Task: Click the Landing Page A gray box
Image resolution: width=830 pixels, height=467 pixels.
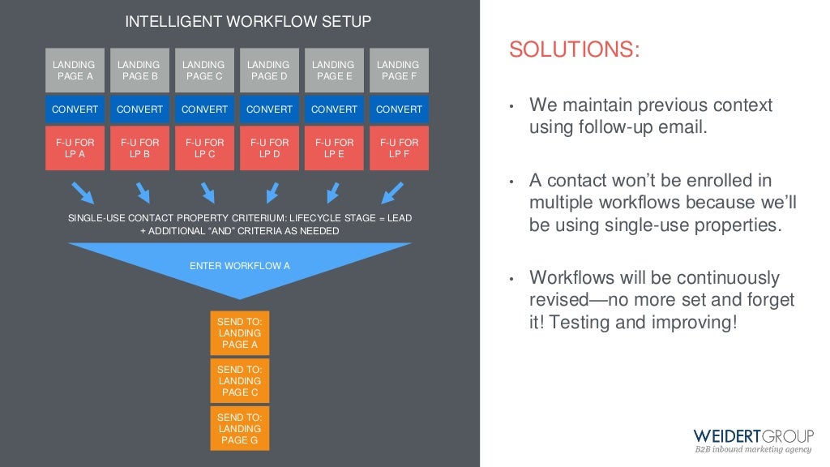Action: point(75,71)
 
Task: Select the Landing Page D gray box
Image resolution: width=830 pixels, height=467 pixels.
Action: point(269,71)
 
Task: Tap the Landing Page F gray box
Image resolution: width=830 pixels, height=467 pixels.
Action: point(399,71)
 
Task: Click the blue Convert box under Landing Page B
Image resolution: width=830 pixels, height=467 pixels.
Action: point(139,109)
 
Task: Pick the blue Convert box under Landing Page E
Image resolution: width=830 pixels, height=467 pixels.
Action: point(334,109)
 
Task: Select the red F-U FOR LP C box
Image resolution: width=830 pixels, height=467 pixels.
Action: point(204,148)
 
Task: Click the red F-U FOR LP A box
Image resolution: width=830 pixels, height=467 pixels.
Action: point(75,148)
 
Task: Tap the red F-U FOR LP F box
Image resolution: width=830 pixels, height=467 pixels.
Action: point(399,148)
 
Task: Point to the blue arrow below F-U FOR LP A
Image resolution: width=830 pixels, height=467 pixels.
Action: point(83,193)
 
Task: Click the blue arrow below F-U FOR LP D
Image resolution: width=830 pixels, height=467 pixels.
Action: point(272,193)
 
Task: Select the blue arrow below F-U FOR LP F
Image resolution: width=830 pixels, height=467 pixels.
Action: point(392,193)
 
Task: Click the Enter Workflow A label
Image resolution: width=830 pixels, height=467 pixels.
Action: point(240,265)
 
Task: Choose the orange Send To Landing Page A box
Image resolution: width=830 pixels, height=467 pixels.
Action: point(240,333)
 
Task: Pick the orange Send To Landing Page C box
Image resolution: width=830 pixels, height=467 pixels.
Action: point(240,381)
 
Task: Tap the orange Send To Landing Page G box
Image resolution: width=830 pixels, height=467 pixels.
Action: point(240,429)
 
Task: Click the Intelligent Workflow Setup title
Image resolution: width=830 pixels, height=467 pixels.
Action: point(248,22)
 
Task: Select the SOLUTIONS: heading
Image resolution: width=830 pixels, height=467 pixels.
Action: point(574,50)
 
